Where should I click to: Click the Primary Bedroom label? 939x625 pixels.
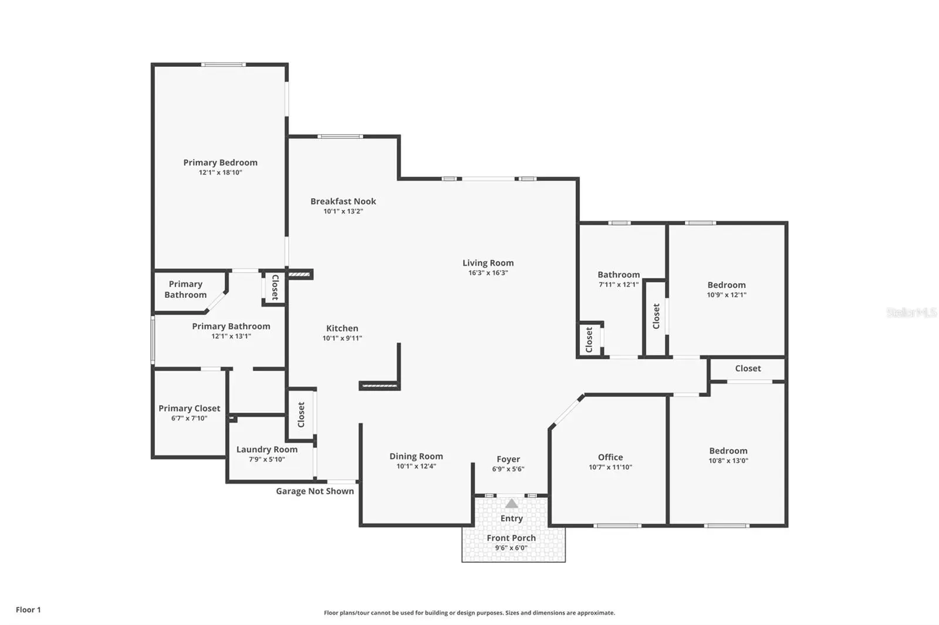(x=220, y=162)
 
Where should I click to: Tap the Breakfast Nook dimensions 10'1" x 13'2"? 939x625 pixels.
(x=343, y=211)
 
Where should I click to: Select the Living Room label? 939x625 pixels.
(x=488, y=263)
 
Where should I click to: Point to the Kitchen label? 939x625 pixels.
(x=342, y=328)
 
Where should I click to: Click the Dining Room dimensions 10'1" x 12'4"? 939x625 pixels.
(x=416, y=466)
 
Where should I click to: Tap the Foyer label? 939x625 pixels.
(x=508, y=459)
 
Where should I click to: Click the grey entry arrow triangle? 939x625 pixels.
(x=511, y=503)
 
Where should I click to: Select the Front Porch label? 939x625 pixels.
(x=511, y=538)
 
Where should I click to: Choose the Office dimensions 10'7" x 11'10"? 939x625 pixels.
(x=610, y=467)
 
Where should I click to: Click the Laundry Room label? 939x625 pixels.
(x=267, y=449)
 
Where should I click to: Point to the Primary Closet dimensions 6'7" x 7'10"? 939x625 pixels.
(x=189, y=418)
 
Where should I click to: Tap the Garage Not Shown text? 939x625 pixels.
(x=315, y=491)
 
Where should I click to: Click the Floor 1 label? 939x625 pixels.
(x=29, y=610)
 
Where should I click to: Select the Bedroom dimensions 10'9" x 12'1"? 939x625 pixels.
(x=727, y=294)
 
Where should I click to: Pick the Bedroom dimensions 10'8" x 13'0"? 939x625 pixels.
(x=728, y=460)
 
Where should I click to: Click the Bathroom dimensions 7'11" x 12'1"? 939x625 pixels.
(x=619, y=284)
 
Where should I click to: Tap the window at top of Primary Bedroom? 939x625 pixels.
(x=224, y=64)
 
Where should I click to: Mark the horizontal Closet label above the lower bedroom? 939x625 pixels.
(x=748, y=368)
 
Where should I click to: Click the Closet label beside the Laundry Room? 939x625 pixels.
(x=301, y=415)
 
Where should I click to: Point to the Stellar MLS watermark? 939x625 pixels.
(x=912, y=312)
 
